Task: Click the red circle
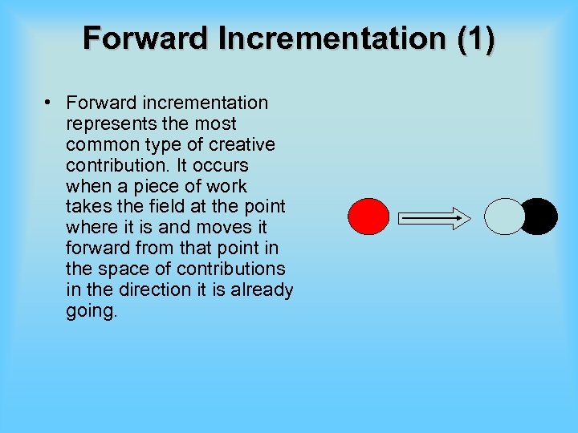pos(368,216)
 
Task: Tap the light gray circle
pos(505,216)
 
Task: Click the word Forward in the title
pos(139,38)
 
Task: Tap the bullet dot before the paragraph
pos(49,103)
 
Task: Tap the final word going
pos(92,311)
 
